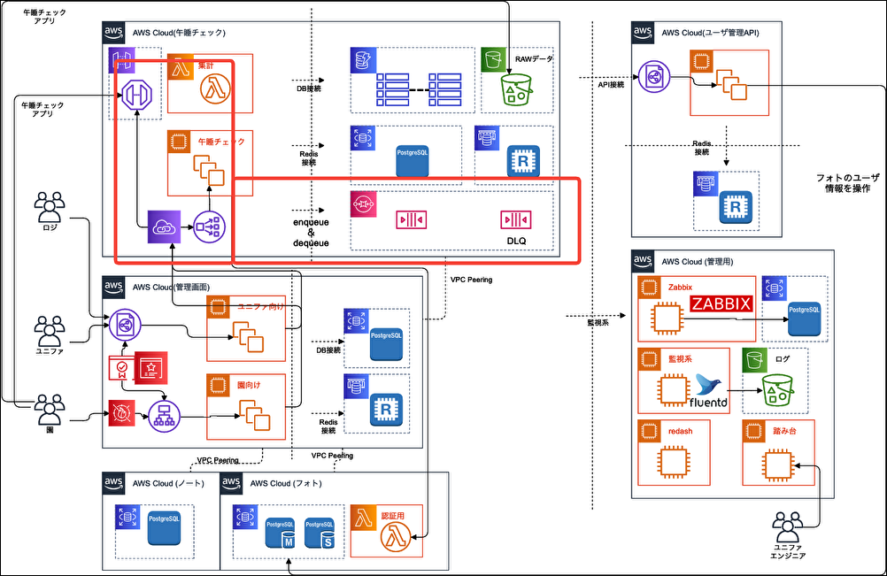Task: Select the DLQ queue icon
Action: click(515, 218)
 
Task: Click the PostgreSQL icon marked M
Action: click(281, 533)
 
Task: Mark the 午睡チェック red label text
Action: click(222, 142)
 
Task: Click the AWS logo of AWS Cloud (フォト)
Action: click(231, 483)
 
